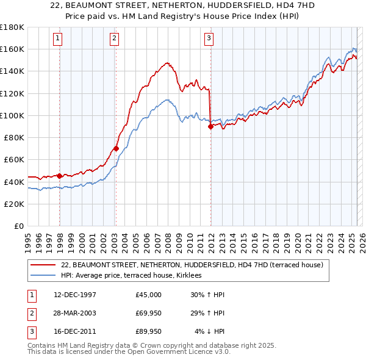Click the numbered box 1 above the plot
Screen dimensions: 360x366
coord(59,38)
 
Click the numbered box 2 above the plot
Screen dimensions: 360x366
coord(115,38)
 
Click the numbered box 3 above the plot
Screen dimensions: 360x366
coord(209,38)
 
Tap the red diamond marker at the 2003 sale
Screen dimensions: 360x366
coord(116,148)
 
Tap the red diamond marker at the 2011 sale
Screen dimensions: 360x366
coord(210,126)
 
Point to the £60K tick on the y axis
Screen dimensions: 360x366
coord(14,159)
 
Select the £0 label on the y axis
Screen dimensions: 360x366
coord(20,226)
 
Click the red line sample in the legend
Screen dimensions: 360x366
coord(43,265)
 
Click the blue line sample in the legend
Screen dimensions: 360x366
coord(43,275)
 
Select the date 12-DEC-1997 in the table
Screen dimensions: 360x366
coord(75,295)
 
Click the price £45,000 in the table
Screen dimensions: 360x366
coord(149,295)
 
